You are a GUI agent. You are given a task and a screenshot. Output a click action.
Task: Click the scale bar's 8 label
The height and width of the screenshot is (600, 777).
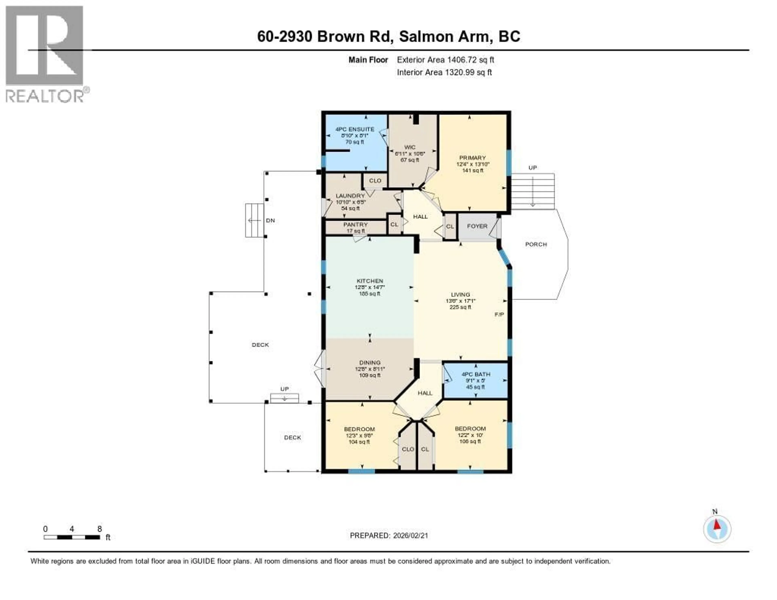100,529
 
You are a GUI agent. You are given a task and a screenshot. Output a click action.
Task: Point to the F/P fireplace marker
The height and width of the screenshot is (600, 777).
499,314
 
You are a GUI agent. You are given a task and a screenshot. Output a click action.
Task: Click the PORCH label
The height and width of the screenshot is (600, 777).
536,244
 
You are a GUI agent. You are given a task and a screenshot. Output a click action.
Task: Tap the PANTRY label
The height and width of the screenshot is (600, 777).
355,224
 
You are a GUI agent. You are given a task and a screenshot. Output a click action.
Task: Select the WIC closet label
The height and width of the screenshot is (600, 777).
410,147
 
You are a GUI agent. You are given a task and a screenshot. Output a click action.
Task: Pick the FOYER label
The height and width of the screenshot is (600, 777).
477,226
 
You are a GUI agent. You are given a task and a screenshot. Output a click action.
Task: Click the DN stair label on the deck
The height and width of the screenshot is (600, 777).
270,220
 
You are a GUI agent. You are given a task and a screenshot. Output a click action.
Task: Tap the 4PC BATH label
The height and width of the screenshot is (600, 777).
476,374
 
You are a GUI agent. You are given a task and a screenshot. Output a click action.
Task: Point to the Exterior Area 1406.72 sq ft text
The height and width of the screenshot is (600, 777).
445,60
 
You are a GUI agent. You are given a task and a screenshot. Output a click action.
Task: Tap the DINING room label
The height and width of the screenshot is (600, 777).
370,363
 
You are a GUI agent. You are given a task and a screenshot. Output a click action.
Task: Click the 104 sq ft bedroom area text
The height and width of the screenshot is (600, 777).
359,442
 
